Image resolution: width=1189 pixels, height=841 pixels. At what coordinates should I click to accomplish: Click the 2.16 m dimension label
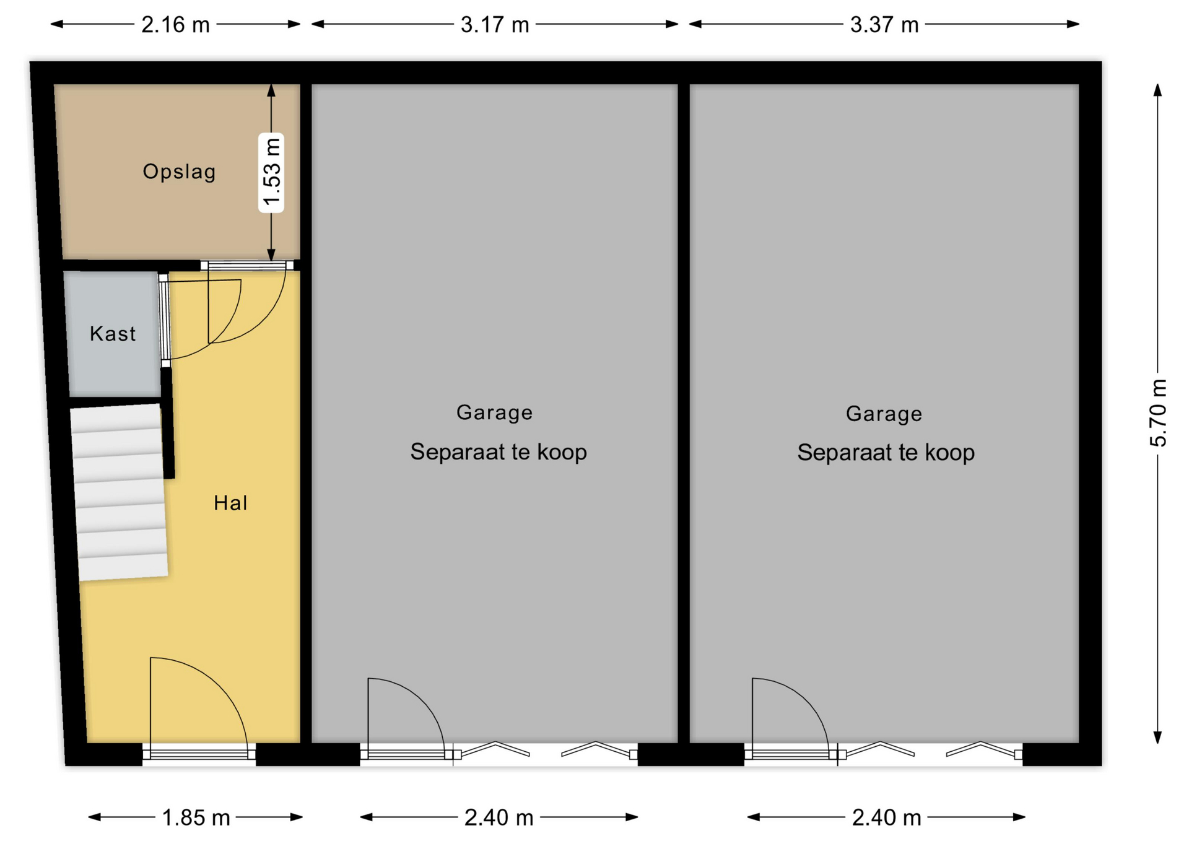point(175,25)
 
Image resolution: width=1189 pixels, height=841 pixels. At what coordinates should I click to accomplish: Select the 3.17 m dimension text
point(495,25)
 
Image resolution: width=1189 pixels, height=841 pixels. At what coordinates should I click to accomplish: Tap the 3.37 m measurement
point(884,25)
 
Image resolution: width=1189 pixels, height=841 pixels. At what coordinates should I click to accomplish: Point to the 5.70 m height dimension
point(1157,413)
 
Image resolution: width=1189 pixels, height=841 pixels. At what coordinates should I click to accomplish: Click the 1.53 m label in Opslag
point(271,172)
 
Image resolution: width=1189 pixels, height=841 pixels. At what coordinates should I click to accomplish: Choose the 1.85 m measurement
point(196,817)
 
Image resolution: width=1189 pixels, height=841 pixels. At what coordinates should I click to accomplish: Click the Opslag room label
point(180,172)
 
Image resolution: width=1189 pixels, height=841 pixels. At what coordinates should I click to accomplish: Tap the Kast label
point(112,334)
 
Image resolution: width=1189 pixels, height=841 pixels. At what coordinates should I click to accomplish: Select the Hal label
point(230,503)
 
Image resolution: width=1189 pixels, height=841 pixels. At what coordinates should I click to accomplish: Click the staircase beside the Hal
point(119,492)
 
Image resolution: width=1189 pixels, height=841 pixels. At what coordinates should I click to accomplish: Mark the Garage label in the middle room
point(494,412)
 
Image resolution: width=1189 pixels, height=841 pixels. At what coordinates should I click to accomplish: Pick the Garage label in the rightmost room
point(884,414)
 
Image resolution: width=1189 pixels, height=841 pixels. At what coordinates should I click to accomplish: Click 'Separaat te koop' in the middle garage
point(499,452)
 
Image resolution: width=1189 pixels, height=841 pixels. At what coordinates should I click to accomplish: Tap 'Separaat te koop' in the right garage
point(886,453)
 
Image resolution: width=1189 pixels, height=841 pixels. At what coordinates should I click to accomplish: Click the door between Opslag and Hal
point(246,266)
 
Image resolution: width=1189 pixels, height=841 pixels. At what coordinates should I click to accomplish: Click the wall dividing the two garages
point(684,413)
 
